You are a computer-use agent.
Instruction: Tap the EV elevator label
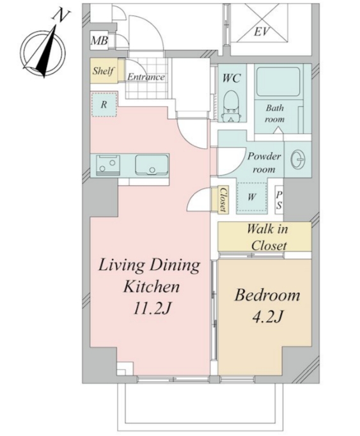click(262, 32)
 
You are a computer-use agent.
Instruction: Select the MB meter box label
click(99, 41)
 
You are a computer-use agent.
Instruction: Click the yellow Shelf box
click(104, 70)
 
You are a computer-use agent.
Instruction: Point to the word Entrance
click(146, 77)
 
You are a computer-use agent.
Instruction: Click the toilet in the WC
click(231, 106)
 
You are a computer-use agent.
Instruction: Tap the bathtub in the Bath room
click(278, 82)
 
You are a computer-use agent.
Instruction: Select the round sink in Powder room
click(298, 160)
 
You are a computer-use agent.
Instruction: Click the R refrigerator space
click(104, 104)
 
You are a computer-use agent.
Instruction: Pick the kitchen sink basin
click(152, 165)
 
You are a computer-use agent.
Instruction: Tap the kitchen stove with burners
click(108, 165)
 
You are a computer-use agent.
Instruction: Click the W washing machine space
click(251, 198)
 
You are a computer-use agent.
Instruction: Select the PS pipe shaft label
click(279, 200)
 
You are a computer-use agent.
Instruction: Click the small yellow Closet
click(223, 199)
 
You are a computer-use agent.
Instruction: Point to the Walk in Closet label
click(267, 237)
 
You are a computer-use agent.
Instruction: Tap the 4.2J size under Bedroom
click(267, 316)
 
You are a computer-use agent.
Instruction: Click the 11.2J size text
click(152, 308)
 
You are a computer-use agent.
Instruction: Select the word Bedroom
click(267, 295)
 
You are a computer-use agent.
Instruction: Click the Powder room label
click(264, 162)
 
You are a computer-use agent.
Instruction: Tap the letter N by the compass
click(60, 15)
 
